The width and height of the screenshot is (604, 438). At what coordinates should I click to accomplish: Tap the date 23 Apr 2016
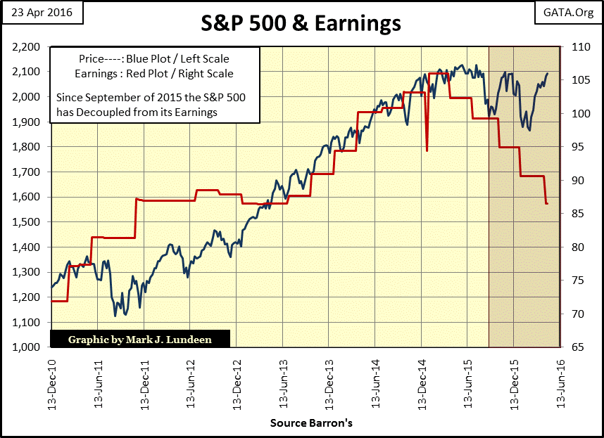[x=41, y=13]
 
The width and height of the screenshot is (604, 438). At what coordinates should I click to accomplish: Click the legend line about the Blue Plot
[x=153, y=60]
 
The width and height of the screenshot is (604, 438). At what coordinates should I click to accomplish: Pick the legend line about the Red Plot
[x=153, y=73]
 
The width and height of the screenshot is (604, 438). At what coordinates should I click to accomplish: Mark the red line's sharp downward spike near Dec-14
[x=427, y=150]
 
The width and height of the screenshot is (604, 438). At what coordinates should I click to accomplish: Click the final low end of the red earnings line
[x=547, y=203]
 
